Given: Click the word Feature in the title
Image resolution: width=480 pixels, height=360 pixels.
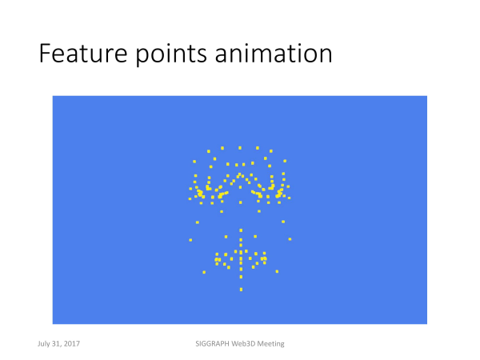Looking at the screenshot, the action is [x=83, y=54].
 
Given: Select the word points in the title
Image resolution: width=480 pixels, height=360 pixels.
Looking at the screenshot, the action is [x=171, y=54].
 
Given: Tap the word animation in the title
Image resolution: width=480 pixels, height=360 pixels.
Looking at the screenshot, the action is [x=274, y=54].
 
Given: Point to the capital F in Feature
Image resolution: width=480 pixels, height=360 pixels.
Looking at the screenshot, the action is [x=45, y=54].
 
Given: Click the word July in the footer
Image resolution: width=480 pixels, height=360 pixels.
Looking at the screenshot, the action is [x=43, y=344].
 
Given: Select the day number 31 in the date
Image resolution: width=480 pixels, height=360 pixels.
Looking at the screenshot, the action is [x=56, y=343].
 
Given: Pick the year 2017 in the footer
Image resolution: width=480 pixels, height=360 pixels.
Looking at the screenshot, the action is [x=72, y=343].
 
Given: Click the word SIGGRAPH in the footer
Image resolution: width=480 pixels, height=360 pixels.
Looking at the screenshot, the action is [x=212, y=343].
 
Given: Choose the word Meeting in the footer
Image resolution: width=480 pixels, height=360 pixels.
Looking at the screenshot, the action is [x=270, y=344].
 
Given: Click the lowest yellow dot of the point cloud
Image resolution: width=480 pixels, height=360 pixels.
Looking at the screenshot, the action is [x=242, y=290].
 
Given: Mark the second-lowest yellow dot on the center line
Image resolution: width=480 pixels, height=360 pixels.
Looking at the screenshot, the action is [x=242, y=277].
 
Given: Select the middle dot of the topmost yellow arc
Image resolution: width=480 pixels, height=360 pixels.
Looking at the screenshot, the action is [x=240, y=148].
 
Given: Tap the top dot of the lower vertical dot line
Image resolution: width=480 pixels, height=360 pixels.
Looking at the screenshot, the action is [x=241, y=230].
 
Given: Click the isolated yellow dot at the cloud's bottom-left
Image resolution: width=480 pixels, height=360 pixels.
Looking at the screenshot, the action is [x=204, y=272].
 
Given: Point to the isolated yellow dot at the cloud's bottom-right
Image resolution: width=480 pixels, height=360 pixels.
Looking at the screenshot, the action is [x=277, y=271].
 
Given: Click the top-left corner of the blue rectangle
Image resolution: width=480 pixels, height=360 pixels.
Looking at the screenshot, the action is [x=53, y=96].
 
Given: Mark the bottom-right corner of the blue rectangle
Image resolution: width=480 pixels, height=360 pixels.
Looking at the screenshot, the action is [x=427, y=324].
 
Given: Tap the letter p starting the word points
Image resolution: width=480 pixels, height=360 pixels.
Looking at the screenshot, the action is [x=142, y=57].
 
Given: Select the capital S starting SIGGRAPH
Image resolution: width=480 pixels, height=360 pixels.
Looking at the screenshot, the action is [x=198, y=343].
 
